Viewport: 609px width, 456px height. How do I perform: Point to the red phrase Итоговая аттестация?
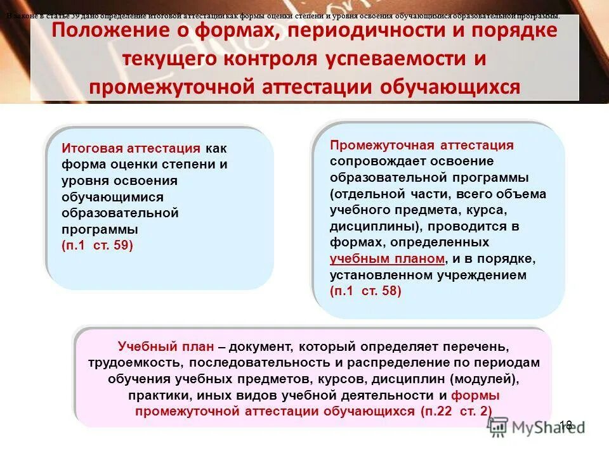tap(131, 149)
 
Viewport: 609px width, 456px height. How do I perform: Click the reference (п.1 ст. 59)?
tap(98, 244)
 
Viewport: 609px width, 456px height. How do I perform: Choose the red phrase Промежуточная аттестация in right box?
tap(422, 145)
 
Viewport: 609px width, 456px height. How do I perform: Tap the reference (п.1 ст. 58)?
tap(365, 291)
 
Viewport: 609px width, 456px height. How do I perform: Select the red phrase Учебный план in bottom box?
tap(166, 346)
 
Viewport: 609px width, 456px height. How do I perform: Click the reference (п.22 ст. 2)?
tap(455, 410)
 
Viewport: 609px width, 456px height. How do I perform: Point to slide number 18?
tap(566, 425)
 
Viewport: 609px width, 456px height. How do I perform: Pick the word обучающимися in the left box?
tap(113, 196)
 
